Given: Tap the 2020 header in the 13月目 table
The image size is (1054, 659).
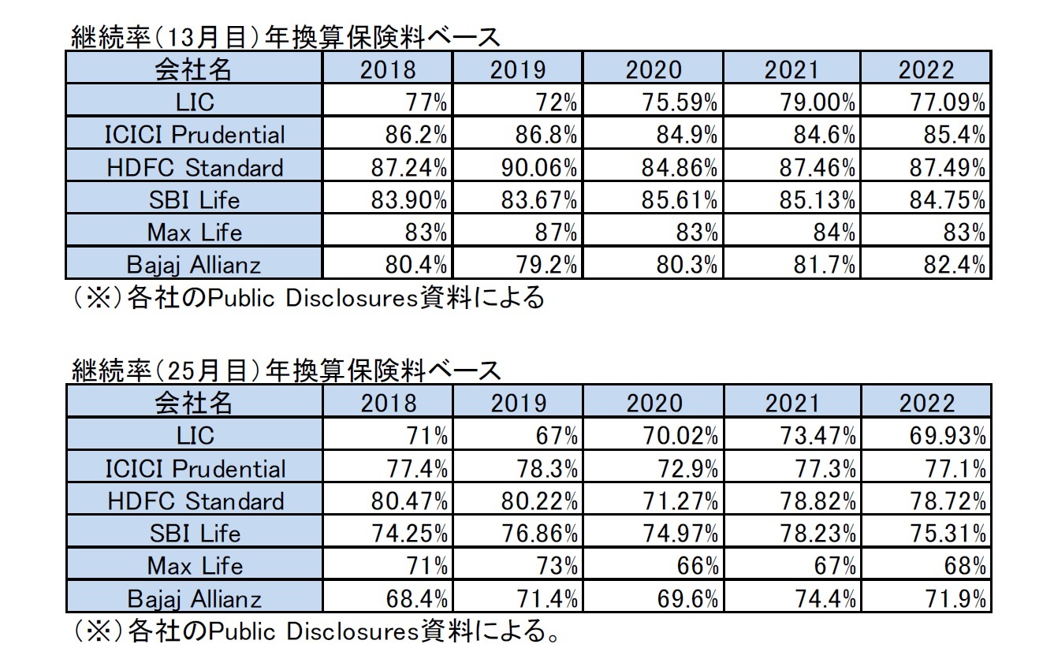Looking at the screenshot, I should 652,69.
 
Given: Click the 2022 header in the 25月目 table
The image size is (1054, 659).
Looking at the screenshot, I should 926,403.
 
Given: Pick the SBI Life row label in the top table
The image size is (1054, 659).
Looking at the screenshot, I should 194,200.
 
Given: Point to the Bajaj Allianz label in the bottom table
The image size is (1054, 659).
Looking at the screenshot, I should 194,599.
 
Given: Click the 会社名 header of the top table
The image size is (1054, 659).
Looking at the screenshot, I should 194,69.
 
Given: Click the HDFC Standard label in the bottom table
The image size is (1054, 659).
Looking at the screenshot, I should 194,501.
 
